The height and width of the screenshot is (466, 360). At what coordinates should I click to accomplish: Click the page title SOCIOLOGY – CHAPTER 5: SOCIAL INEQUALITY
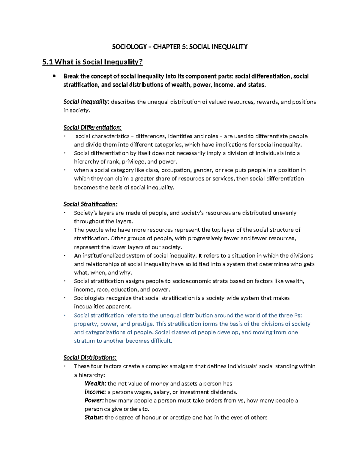coord(180,47)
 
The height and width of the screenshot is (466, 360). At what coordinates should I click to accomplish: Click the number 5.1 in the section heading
coord(47,62)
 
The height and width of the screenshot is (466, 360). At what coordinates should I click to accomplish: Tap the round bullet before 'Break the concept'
coord(54,76)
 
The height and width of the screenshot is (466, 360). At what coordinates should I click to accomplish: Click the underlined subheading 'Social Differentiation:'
coord(92,128)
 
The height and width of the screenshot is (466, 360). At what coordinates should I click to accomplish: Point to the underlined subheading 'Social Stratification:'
coord(90,204)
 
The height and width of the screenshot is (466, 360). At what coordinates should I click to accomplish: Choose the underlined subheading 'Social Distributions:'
coord(90,358)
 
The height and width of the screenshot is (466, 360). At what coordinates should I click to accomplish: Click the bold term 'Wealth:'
coord(95,383)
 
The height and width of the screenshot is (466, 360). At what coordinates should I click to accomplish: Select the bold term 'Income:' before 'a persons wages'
coord(95,392)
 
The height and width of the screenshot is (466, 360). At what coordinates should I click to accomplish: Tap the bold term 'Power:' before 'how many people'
coord(94,401)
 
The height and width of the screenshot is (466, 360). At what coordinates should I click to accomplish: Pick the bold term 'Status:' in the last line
coord(94,417)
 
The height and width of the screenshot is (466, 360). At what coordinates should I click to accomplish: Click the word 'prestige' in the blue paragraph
coord(142,324)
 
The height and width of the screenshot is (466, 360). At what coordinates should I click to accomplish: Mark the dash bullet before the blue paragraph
coord(64,315)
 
